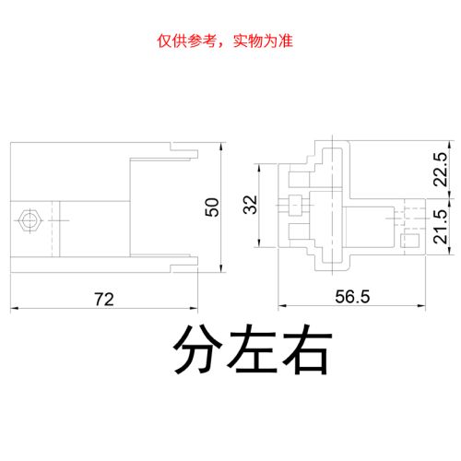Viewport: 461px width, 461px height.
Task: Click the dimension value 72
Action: coord(104,299)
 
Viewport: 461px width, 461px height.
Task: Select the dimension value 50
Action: coord(212,207)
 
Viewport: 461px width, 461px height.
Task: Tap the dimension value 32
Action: coord(250,205)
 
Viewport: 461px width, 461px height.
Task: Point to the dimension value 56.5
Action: coord(352,297)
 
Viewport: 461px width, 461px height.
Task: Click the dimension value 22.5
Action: coord(440,170)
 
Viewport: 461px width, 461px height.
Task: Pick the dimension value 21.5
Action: coord(440,227)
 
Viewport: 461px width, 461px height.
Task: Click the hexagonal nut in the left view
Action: coord(30,220)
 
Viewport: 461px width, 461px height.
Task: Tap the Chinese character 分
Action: coord(197,349)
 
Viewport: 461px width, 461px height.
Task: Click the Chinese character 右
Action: coord(307,349)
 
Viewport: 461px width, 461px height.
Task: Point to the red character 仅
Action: coord(164,41)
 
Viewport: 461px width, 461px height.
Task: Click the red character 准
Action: coord(286,41)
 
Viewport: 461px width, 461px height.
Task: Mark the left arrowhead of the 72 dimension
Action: coord(14,308)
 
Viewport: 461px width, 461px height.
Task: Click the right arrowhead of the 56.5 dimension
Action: coord(421,306)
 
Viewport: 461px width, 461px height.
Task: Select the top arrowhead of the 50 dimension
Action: coord(221,147)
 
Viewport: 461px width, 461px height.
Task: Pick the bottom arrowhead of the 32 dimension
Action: coord(259,242)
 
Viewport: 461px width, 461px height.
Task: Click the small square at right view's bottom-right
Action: coord(410,241)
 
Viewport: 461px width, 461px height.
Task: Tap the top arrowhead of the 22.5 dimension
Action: coord(450,145)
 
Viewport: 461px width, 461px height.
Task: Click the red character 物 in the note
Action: coord(255,41)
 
